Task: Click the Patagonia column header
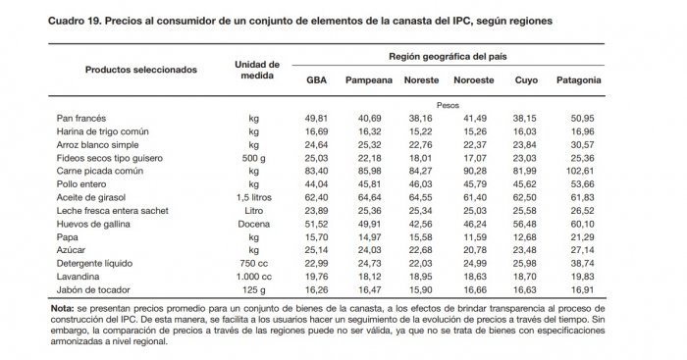click(x=578, y=80)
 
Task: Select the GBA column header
click(x=316, y=80)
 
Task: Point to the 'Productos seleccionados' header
click(x=141, y=70)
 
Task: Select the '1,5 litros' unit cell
click(x=254, y=196)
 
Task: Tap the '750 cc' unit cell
click(x=254, y=264)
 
